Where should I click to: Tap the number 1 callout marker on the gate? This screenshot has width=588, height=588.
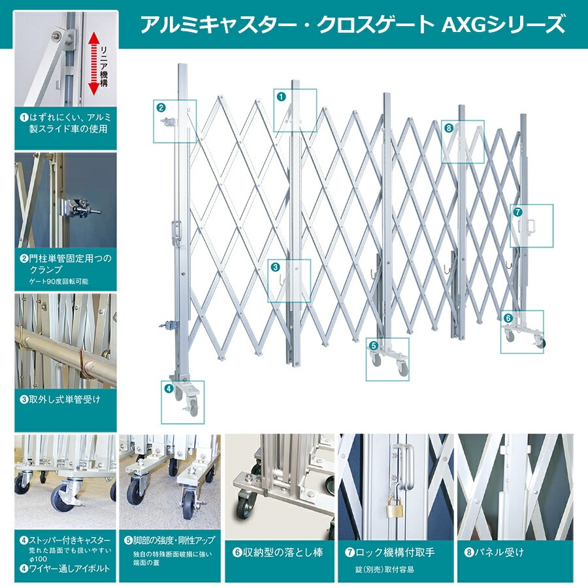tap(282, 96)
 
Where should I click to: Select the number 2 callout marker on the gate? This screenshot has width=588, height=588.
tap(161, 106)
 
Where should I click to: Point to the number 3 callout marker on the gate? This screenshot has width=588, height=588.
tap(275, 267)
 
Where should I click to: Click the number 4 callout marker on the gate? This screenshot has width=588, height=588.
tap(168, 388)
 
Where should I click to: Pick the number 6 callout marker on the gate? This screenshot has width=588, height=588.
tap(508, 318)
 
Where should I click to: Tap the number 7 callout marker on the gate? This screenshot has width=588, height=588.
tap(517, 212)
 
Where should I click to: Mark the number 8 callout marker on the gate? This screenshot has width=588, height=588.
tap(449, 128)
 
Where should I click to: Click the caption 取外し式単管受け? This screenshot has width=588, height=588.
tap(65, 397)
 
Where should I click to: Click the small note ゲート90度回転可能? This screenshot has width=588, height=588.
tap(58, 281)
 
